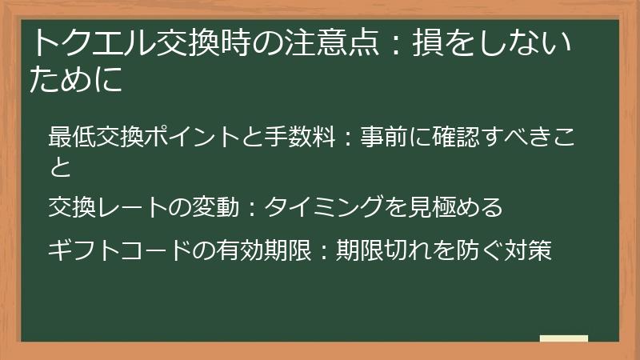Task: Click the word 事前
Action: [384, 137]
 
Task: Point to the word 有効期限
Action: [261, 250]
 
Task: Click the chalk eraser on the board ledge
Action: [563, 338]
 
